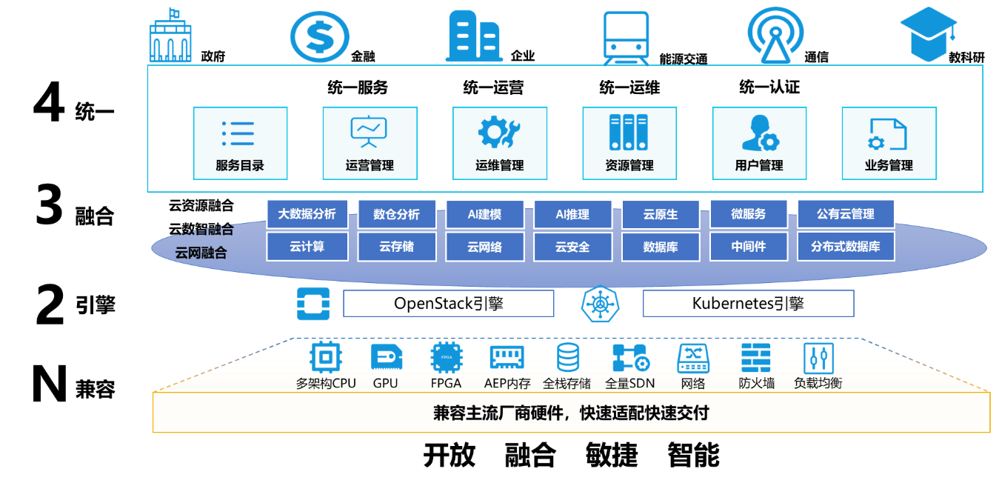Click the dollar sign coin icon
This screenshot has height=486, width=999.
coord(319,36)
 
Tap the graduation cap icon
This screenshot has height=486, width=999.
coord(929,35)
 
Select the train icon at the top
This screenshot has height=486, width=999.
coord(626,37)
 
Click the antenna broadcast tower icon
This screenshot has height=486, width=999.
coord(775,36)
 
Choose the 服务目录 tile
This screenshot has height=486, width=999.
coord(241,143)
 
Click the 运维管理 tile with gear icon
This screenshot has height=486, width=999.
coord(500,143)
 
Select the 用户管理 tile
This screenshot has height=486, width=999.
coord(759,143)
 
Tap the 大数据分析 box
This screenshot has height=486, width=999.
coord(307,214)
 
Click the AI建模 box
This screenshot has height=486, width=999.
coord(484,214)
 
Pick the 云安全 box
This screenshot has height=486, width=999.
coord(572,247)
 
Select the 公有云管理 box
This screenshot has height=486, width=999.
coord(845,214)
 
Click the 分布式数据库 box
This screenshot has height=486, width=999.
coord(845,247)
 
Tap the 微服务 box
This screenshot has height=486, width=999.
coord(748,214)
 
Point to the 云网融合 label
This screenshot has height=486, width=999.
coord(201,253)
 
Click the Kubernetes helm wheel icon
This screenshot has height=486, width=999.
coord(598,304)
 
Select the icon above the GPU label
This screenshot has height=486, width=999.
coord(386,358)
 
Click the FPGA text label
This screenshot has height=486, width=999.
coord(446,384)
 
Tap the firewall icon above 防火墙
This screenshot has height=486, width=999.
coord(756,358)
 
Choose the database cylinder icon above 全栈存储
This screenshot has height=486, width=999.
coord(568,358)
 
